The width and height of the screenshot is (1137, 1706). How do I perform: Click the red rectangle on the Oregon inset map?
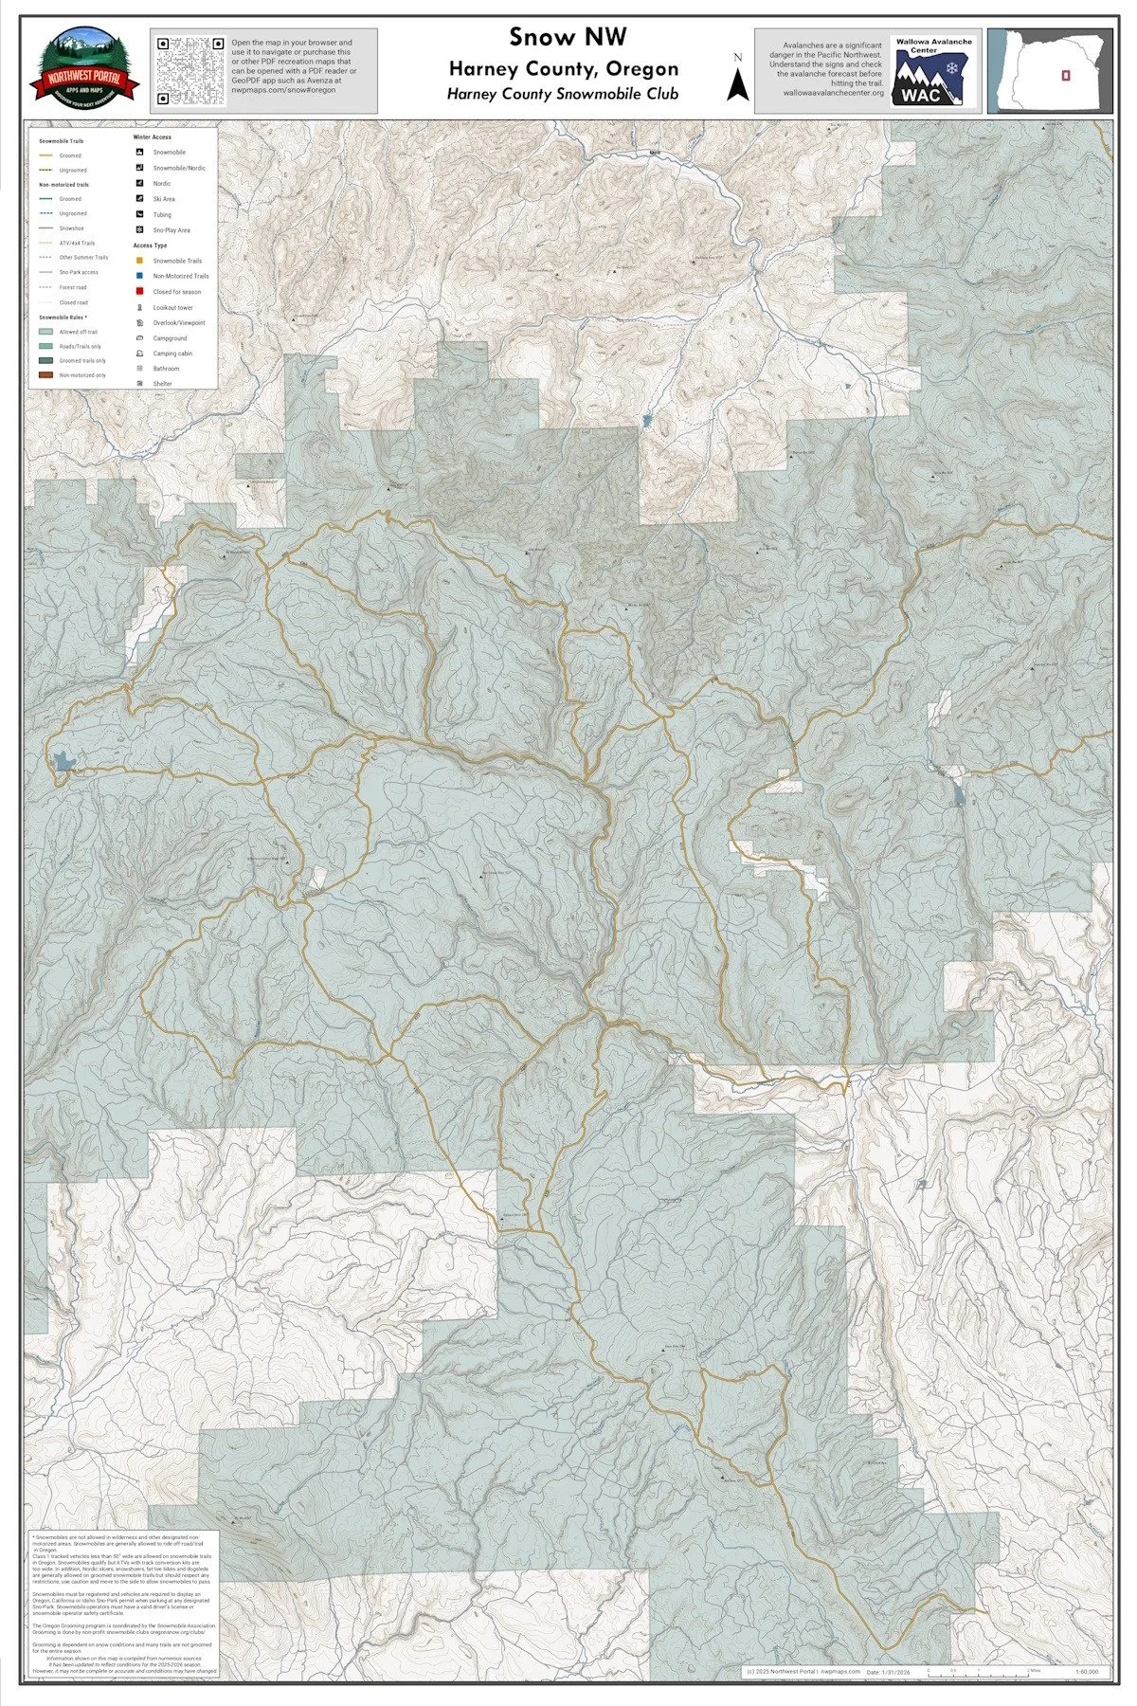1066,74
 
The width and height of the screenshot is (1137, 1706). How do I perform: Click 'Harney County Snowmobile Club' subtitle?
563,94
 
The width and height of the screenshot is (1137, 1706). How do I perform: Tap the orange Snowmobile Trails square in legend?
138,261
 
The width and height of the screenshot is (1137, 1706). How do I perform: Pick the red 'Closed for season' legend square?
138,292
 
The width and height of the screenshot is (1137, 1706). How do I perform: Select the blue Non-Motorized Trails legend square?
138,276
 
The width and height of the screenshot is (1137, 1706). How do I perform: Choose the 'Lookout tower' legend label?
172,307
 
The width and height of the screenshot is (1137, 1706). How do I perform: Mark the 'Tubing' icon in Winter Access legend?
138,215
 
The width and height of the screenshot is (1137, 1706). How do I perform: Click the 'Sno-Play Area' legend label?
171,230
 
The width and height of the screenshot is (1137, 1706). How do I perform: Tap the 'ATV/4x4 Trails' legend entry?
76,243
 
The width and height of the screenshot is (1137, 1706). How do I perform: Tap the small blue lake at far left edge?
63,760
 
